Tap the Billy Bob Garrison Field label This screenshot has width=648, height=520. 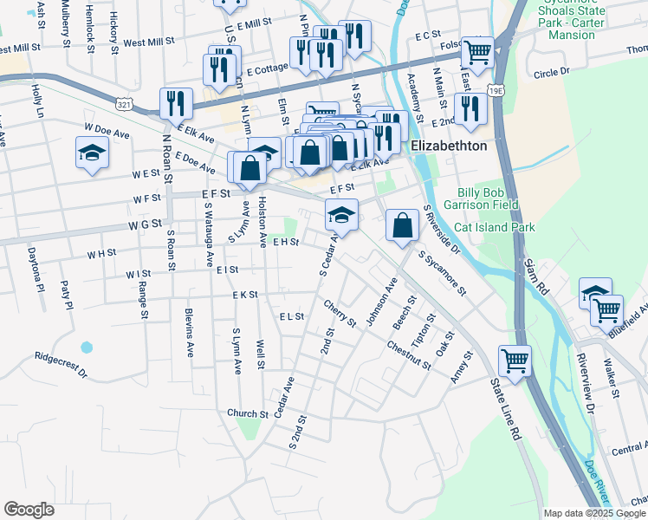tap(489, 198)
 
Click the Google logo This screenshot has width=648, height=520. tap(29, 510)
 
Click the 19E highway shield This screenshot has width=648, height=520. tap(496, 90)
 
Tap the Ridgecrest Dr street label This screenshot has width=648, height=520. tap(61, 365)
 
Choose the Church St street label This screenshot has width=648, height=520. tap(248, 413)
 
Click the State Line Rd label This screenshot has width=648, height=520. tap(506, 407)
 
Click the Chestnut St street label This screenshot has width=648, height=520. tap(409, 355)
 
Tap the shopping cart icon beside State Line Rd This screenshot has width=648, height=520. tap(515, 360)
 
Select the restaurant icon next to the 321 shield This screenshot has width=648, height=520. tap(177, 103)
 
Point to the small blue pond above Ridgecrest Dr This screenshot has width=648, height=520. tap(87, 348)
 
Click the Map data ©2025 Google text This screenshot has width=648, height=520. tap(594, 513)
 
